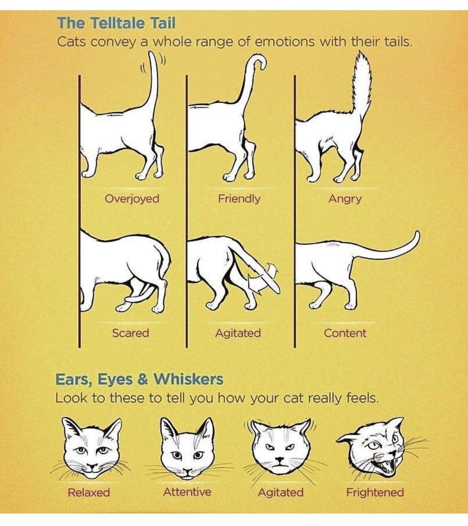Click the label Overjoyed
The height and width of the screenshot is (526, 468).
click(x=132, y=199)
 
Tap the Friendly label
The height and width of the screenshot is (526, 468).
click(x=239, y=199)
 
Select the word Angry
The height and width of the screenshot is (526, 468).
click(x=345, y=199)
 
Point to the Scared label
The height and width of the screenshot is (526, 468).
click(x=131, y=333)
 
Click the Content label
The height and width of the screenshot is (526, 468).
click(x=345, y=333)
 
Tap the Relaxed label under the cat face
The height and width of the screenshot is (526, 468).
click(x=89, y=492)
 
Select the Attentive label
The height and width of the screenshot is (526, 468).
click(x=187, y=492)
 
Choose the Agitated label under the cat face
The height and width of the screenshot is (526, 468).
click(x=281, y=493)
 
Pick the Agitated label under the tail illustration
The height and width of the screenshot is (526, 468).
click(x=238, y=333)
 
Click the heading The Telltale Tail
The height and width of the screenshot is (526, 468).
click(x=116, y=23)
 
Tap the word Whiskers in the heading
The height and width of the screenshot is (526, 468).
click(x=189, y=380)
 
